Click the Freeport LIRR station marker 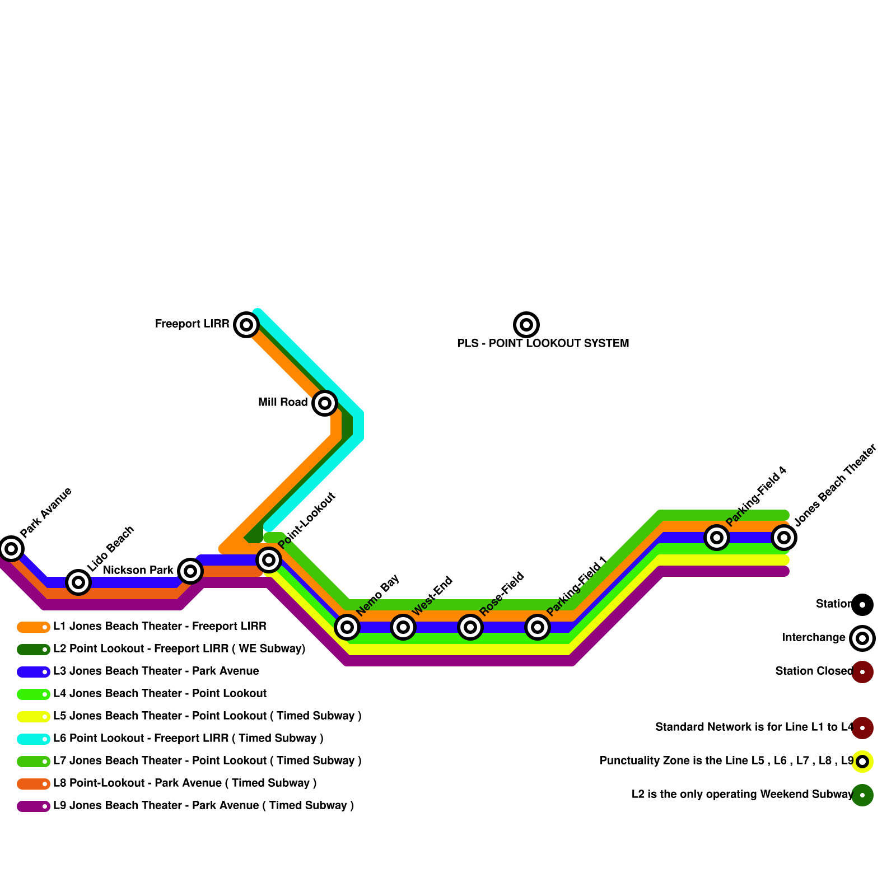pyautogui.click(x=246, y=324)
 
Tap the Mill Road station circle pyautogui.click(x=324, y=403)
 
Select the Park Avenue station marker pyautogui.click(x=11, y=548)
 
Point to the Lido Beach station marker pyautogui.click(x=78, y=582)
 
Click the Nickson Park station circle pyautogui.click(x=190, y=571)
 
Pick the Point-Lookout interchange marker pyautogui.click(x=269, y=559)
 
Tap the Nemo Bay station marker pyautogui.click(x=347, y=627)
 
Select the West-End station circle pyautogui.click(x=403, y=627)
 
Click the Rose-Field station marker pyautogui.click(x=470, y=627)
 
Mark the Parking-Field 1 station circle pyautogui.click(x=538, y=627)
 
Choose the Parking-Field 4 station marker pyautogui.click(x=717, y=537)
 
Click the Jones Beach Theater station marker pyautogui.click(x=784, y=537)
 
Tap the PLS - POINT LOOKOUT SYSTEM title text pyautogui.click(x=543, y=343)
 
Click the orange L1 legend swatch pyautogui.click(x=34, y=627)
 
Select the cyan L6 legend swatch pyautogui.click(x=34, y=739)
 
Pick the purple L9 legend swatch pyautogui.click(x=34, y=806)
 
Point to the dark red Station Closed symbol pyautogui.click(x=862, y=671)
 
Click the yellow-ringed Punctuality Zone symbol pyautogui.click(x=862, y=761)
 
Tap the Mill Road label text pyautogui.click(x=283, y=402)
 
